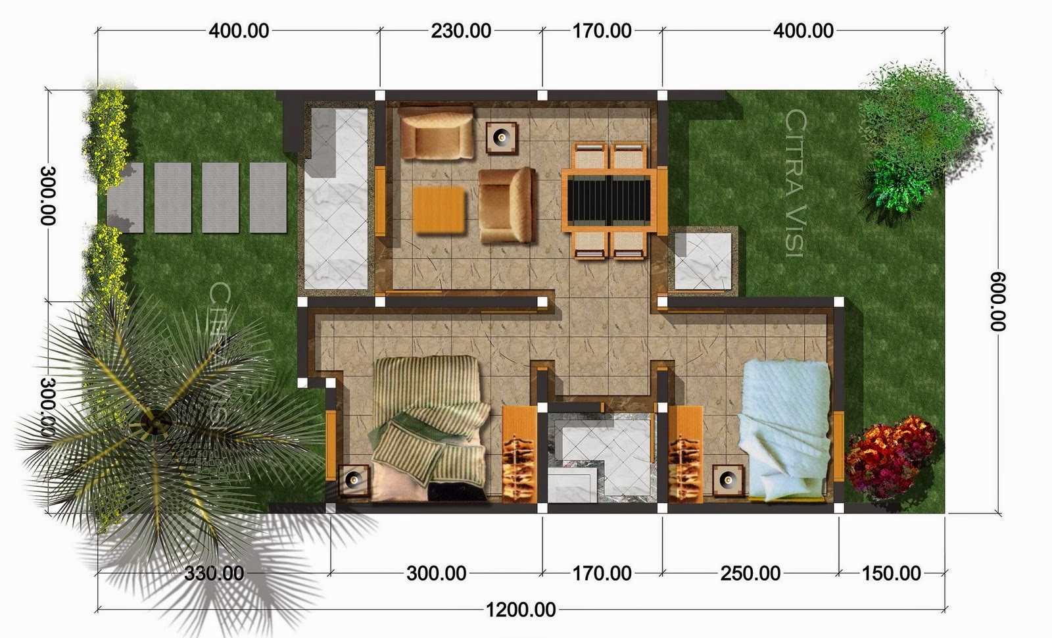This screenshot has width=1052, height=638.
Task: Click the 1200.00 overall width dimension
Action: coord(521,610)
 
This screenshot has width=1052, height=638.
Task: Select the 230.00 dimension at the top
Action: coord(461,31)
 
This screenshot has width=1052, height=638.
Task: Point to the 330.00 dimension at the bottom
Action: coord(214,573)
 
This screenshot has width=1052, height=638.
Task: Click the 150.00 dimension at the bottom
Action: coord(891,573)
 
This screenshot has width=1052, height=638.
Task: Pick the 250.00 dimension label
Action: coord(750,573)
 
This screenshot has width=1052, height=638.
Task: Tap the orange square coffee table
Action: coord(439,210)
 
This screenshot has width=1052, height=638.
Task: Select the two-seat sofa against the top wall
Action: coord(436,132)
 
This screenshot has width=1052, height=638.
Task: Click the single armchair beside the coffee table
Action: coord(506,205)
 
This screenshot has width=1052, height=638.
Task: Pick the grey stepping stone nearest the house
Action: coord(268,197)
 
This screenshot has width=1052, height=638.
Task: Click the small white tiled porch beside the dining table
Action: coord(703,260)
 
